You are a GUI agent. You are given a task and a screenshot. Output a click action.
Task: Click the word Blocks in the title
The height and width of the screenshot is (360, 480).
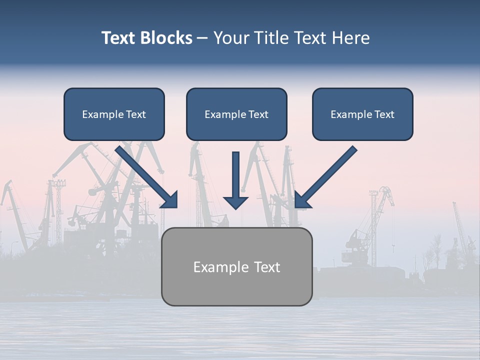166,38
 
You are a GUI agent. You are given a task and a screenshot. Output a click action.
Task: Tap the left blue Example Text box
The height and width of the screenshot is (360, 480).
114,114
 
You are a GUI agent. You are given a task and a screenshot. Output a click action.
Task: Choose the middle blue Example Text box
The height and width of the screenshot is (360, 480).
236,114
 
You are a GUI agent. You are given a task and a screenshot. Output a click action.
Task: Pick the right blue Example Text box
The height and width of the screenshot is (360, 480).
362,114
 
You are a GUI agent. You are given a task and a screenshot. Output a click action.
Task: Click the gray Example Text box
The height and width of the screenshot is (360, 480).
236,267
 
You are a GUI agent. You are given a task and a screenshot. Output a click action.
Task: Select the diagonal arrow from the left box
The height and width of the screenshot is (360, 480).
145,175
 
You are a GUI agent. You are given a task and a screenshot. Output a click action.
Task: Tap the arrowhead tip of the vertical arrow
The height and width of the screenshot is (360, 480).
235,207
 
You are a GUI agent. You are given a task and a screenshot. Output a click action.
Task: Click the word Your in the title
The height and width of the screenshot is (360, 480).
229,38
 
